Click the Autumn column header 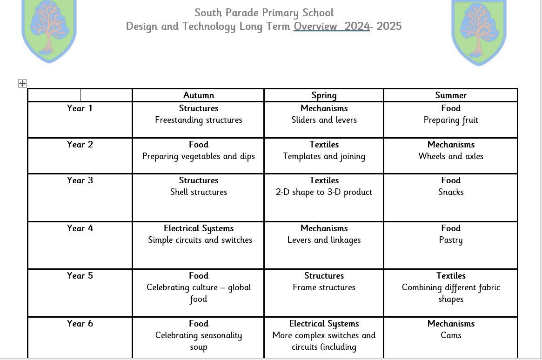point(199,95)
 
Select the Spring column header point(324,95)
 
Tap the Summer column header point(451,95)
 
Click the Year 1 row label point(80,108)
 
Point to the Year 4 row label point(80,228)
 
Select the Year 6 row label point(80,324)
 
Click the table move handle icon point(22,84)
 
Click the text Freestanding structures point(199,120)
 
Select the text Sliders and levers point(324,120)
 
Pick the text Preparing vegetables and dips point(199,156)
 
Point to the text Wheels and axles point(451,156)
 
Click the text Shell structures point(199,192)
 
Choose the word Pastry point(451,240)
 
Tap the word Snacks point(451,192)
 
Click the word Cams point(451,335)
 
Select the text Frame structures point(324,287)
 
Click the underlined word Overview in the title point(315,27)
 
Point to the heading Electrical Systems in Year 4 point(199,228)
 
